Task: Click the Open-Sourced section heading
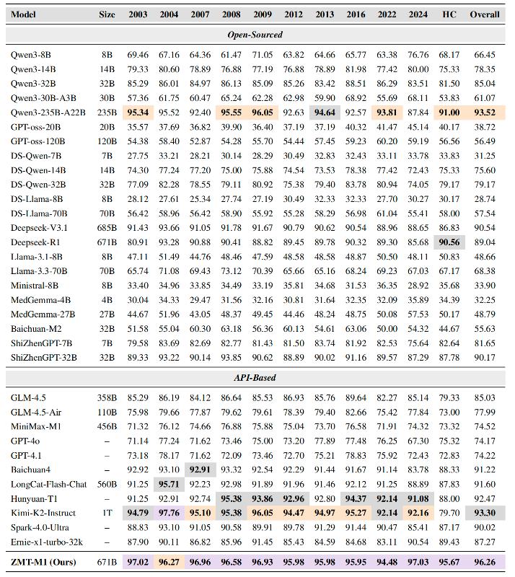[x=255, y=34]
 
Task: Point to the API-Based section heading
[x=255, y=378]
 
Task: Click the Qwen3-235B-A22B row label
[x=48, y=112]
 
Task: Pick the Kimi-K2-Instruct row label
[x=43, y=513]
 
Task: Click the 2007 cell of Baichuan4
[x=200, y=470]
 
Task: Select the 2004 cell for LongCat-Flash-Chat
[x=169, y=484]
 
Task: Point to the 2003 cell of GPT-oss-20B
[x=137, y=126]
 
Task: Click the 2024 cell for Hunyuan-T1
[x=418, y=498]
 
